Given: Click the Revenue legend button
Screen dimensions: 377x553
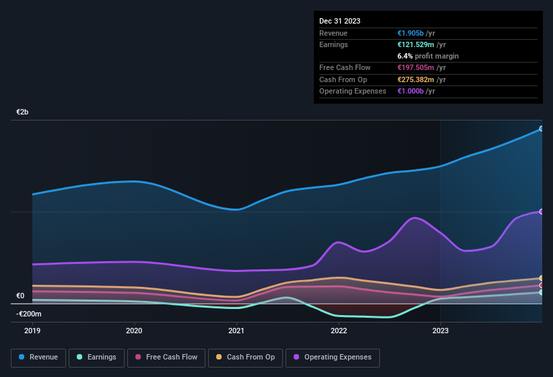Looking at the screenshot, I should [39, 357].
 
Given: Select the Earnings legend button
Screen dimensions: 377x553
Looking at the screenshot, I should [96, 357].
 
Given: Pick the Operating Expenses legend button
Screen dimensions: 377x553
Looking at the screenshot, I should [333, 357].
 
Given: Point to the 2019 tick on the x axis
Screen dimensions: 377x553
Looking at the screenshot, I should [32, 331].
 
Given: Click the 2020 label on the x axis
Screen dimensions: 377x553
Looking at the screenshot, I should [134, 331].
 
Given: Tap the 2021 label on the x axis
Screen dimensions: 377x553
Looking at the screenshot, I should [236, 331].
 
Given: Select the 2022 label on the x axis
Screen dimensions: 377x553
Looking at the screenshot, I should [338, 331].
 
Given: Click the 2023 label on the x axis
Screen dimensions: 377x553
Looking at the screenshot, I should [441, 331].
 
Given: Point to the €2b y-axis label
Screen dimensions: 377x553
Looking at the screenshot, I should [23, 112].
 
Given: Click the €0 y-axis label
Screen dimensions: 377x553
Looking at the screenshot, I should [20, 296].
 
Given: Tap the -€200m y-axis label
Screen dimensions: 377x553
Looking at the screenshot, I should [29, 314].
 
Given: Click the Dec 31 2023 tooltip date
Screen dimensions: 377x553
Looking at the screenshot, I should [339, 21].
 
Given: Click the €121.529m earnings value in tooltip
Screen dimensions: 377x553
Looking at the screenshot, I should [416, 44].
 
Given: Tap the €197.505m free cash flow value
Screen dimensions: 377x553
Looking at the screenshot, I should [416, 67].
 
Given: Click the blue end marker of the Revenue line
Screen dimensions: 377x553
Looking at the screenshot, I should [542, 129].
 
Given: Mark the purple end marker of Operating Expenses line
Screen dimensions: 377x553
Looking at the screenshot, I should [542, 211].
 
